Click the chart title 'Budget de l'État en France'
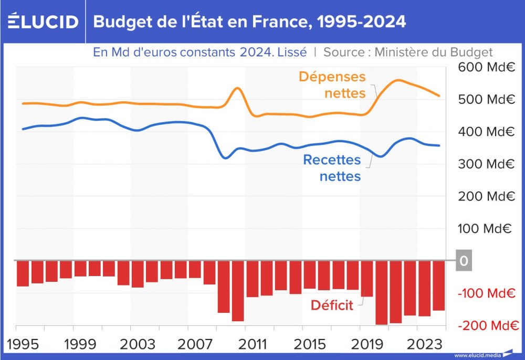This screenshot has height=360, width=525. pyautogui.click(x=249, y=22)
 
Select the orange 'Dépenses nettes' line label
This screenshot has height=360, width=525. pyautogui.click(x=332, y=84)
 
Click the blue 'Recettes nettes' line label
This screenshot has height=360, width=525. pyautogui.click(x=332, y=167)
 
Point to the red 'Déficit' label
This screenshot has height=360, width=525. pyautogui.click(x=332, y=305)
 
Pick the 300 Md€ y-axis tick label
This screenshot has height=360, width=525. pyautogui.click(x=485, y=164)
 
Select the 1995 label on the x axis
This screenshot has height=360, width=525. pyautogui.click(x=23, y=344)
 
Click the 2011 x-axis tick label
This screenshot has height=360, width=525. pyautogui.click(x=252, y=344)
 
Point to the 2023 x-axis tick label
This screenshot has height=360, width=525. pyautogui.click(x=424, y=344)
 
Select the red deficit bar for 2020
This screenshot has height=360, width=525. pyautogui.click(x=381, y=292)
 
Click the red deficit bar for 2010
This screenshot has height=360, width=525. pyautogui.click(x=238, y=291)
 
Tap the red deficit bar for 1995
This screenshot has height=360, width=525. pyautogui.click(x=23, y=273)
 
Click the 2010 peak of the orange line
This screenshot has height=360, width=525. pyautogui.click(x=237, y=88)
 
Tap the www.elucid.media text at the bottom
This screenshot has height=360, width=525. pyautogui.click(x=477, y=355)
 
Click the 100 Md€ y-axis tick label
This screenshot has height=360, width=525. pyautogui.click(x=485, y=228)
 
